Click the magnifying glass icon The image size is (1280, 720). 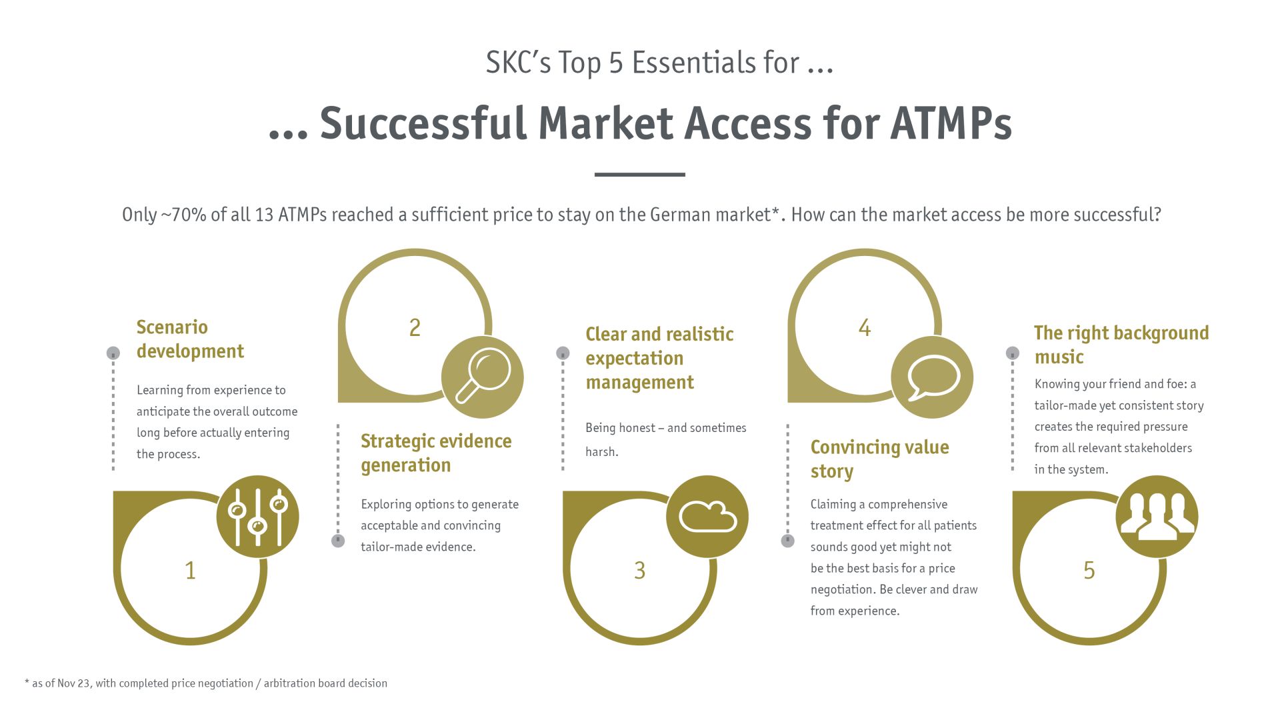[x=483, y=377]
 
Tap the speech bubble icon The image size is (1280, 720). [x=932, y=377]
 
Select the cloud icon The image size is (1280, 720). [x=707, y=517]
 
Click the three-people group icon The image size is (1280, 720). [x=1157, y=517]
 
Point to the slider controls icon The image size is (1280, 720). [x=257, y=517]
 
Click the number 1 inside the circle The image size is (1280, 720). [x=191, y=571]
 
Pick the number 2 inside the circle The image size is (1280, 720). [x=415, y=328]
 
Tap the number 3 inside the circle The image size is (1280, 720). [x=640, y=571]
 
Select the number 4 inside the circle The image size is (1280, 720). [x=865, y=328]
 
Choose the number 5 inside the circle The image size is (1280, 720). [x=1089, y=571]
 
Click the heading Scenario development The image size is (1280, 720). [x=190, y=339]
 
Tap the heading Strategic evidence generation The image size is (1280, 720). [x=436, y=453]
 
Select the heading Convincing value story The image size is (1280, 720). [x=879, y=459]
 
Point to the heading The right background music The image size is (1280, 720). [x=1121, y=345]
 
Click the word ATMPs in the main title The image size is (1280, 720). [x=951, y=123]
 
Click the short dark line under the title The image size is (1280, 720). [x=640, y=175]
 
